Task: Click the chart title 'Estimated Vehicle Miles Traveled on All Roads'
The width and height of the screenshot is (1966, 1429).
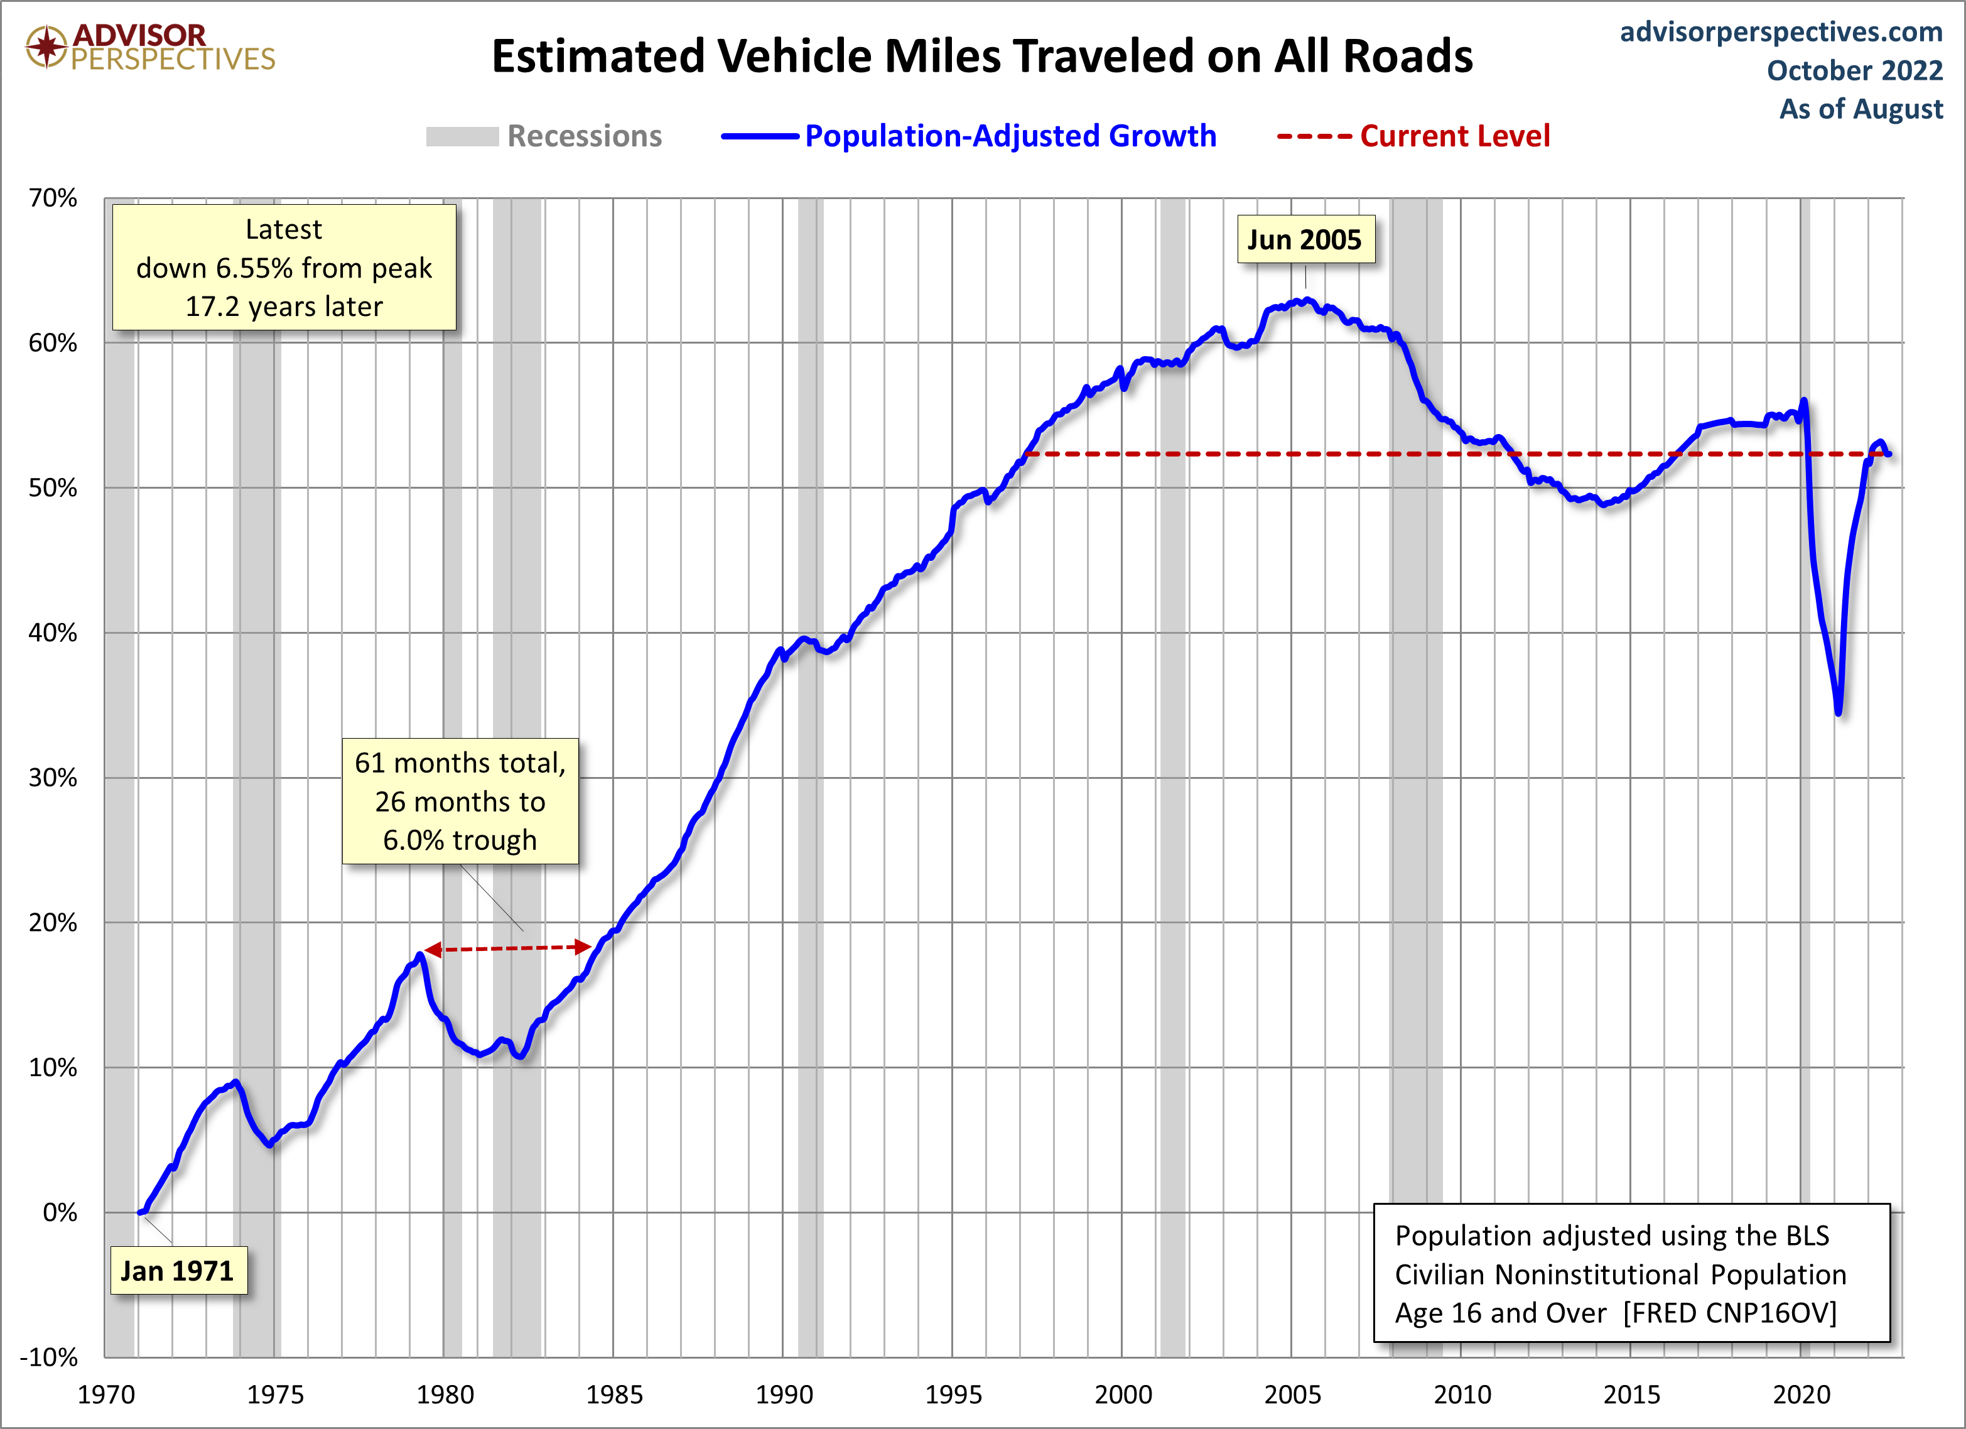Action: [981, 57]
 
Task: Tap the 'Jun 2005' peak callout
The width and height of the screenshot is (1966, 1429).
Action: [1305, 239]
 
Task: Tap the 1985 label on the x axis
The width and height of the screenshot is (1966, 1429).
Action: [613, 1394]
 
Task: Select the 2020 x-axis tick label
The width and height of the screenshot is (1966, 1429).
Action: [1800, 1394]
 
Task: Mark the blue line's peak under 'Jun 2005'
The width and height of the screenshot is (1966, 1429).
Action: [1305, 300]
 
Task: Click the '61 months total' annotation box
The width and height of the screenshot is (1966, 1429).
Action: [460, 801]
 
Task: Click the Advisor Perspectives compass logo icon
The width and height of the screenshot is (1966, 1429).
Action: [46, 46]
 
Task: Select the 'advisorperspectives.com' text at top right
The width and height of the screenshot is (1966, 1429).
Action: [1781, 32]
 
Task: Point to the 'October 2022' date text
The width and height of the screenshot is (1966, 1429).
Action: [1854, 70]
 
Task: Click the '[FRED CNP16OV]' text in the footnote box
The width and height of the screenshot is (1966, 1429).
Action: [1729, 1313]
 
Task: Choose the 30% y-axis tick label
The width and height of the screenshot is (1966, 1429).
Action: [53, 778]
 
